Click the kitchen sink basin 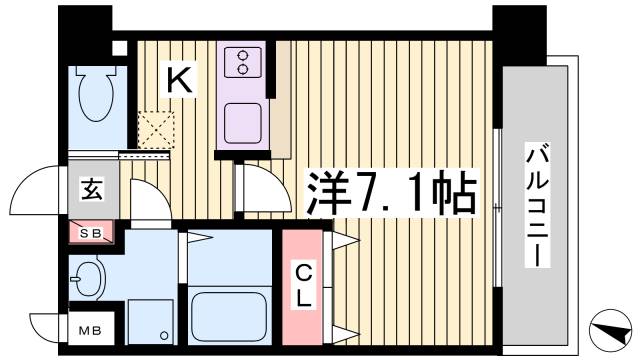[x=243, y=125]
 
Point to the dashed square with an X [x=157, y=129]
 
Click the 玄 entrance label [x=89, y=188]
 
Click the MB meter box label [x=88, y=327]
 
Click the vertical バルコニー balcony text [x=537, y=205]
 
